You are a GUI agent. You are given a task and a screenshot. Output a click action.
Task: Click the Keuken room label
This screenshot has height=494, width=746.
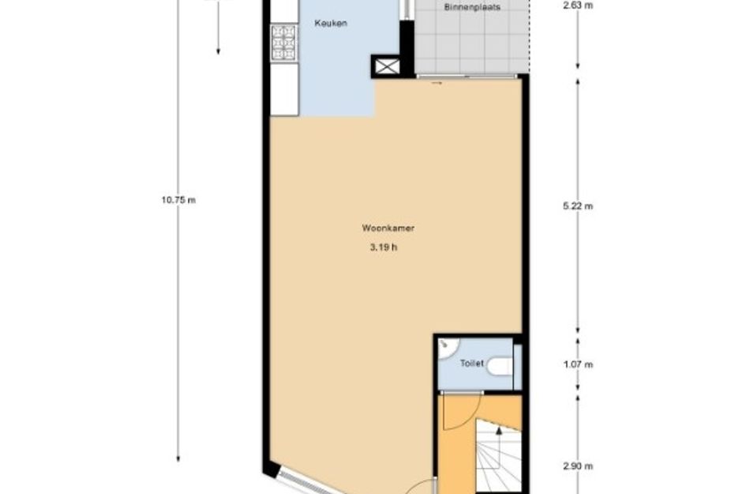[331, 24]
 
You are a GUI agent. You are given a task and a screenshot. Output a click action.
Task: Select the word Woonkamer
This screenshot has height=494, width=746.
[388, 228]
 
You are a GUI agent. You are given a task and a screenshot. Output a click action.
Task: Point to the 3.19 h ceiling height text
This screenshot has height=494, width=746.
[383, 247]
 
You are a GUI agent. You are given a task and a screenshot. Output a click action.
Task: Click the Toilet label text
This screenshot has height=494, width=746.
[472, 364]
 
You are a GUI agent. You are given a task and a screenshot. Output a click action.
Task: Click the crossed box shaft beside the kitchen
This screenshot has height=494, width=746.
[387, 66]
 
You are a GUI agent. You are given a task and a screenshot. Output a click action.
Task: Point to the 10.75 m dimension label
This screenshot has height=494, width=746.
[178, 200]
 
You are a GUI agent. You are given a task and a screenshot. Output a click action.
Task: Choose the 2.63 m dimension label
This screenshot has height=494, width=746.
[578, 7]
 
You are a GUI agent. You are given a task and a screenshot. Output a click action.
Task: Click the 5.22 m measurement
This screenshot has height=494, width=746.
[578, 206]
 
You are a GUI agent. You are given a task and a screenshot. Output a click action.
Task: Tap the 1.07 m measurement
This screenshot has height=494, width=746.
[578, 364]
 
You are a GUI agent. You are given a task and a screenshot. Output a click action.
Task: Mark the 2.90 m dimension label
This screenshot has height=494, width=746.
[578, 466]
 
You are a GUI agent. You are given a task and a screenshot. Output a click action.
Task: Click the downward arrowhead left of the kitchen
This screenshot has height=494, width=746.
[218, 51]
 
